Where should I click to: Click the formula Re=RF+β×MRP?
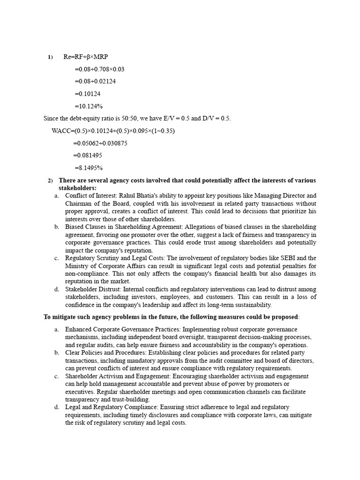85,57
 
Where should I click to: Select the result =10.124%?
89,106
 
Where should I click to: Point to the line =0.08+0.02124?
95,81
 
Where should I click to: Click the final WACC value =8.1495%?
89,168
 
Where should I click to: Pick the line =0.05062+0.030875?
100,143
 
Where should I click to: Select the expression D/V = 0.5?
215,119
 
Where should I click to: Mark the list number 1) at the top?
50,57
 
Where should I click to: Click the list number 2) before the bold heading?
50,180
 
